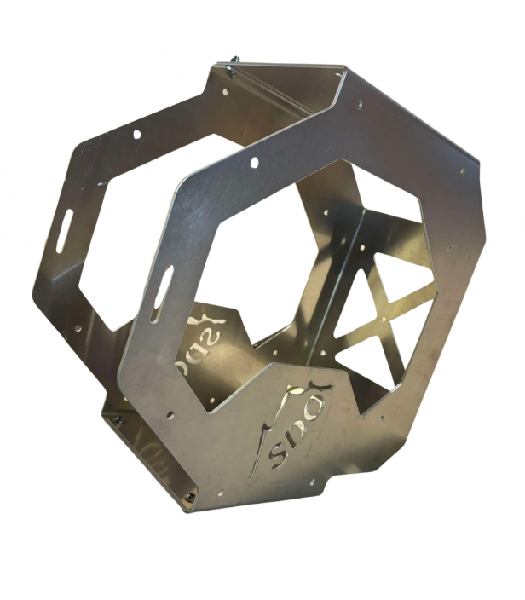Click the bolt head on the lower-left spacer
[x=119, y=419]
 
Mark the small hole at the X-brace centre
[x=383, y=319]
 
